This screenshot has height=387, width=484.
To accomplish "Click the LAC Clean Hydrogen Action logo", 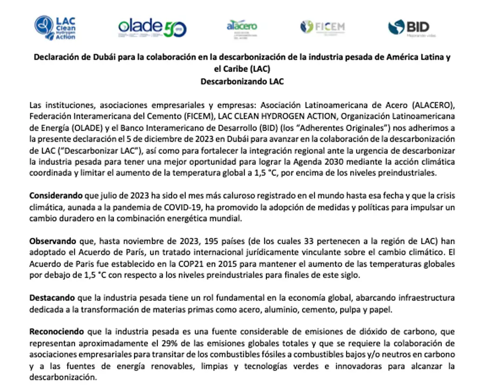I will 55,28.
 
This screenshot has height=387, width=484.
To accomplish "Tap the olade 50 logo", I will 152,28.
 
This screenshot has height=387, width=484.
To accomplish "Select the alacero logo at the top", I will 242,26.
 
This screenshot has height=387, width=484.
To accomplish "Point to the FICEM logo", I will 322,27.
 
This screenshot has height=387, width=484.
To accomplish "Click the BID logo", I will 409,28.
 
